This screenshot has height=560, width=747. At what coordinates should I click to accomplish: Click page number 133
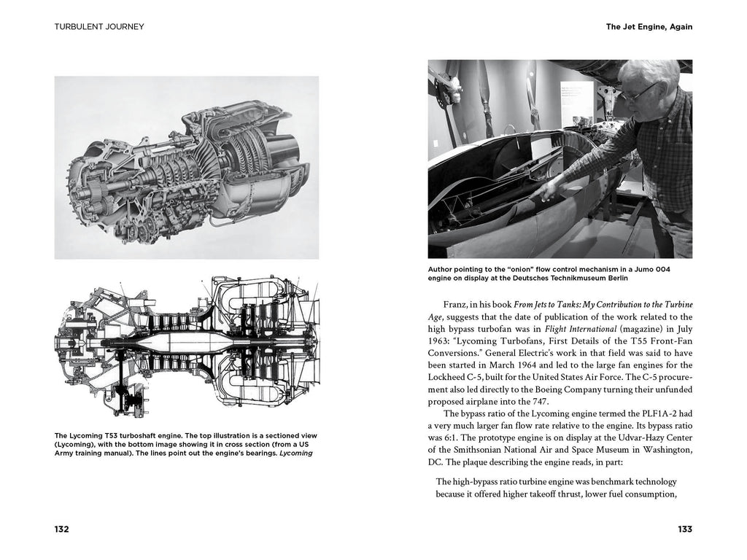pyautogui.click(x=684, y=529)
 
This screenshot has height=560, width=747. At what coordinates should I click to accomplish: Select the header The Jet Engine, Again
pyautogui.click(x=649, y=27)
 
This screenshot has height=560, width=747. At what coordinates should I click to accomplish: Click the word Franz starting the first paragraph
pyautogui.click(x=457, y=303)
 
